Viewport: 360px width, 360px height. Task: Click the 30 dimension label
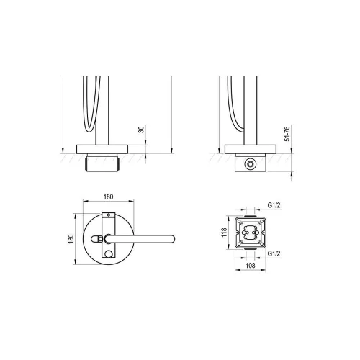point(142,130)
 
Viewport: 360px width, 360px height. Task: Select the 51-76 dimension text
point(287,133)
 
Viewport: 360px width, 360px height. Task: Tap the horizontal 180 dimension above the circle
point(108,197)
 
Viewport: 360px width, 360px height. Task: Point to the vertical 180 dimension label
point(71,239)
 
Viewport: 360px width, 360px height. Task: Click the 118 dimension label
point(224,233)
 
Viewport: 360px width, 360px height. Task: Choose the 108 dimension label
point(251,266)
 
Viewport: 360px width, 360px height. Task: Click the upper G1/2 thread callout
point(274,205)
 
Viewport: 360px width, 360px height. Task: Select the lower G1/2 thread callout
point(274,253)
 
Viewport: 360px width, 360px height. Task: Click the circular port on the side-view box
point(251,164)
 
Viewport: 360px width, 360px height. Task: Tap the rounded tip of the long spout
point(172,239)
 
